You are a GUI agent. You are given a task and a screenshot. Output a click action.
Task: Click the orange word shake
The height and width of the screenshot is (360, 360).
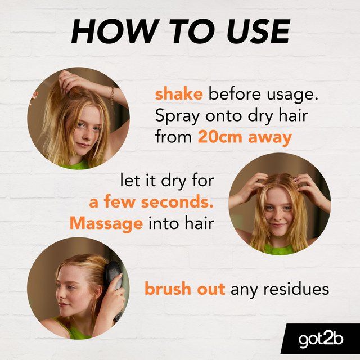[x=178, y=93]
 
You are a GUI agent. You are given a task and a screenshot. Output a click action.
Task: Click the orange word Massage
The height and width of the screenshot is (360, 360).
[x=106, y=223]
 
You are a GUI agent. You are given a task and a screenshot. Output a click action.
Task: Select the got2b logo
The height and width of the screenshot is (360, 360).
[x=319, y=339]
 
